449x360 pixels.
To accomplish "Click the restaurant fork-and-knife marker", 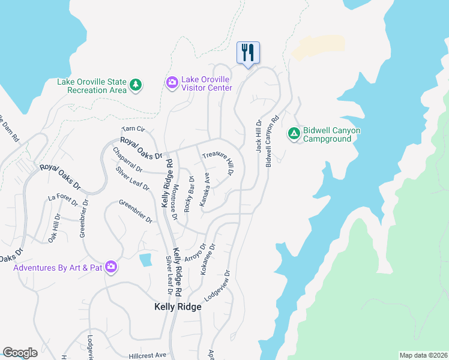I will [x=248, y=53].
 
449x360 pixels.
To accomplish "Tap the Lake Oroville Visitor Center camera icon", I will [x=172, y=82].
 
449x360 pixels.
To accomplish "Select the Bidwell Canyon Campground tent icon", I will [x=294, y=133].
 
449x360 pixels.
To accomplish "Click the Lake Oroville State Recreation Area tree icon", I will [x=136, y=85].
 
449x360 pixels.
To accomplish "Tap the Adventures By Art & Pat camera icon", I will [x=111, y=266].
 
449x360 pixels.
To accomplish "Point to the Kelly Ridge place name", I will [x=178, y=307].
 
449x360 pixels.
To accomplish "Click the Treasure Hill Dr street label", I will [x=218, y=163].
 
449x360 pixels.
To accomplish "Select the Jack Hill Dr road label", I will [x=259, y=135].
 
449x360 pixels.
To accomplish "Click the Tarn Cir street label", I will [x=133, y=129].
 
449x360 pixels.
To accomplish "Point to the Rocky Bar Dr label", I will [x=188, y=191].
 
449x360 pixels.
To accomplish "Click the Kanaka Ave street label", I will [x=205, y=191].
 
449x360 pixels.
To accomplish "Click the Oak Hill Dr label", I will [x=53, y=228].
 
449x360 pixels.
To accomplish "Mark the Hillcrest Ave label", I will [x=146, y=355].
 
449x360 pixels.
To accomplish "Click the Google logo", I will [x=20, y=353].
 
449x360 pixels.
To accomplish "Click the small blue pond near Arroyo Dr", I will [x=145, y=260].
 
